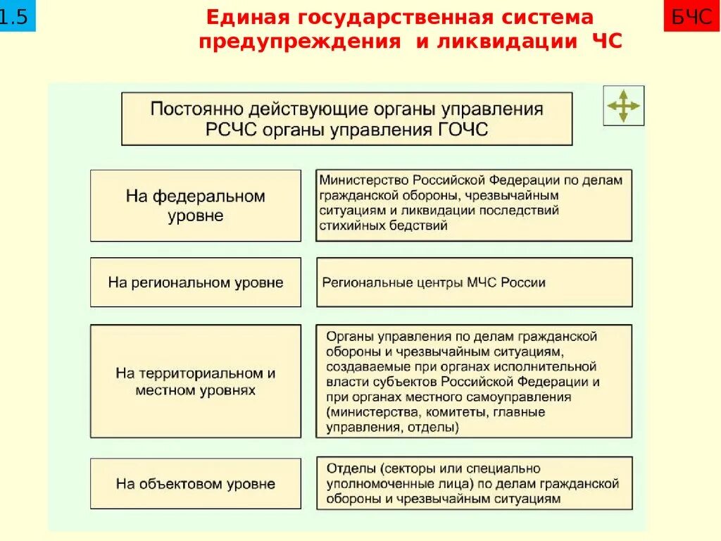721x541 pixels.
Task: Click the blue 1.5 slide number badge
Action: (15, 16)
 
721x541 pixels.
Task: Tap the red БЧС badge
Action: (691, 16)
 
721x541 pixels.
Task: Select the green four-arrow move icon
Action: (623, 106)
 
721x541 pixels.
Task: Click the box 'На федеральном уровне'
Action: (195, 205)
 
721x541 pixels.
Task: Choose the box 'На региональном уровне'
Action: (195, 282)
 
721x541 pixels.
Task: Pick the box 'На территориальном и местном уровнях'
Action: (195, 381)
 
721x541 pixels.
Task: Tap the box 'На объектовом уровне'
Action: (195, 483)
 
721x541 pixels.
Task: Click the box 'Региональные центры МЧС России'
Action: (474, 282)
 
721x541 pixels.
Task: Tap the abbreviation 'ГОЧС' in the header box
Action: (462, 130)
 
